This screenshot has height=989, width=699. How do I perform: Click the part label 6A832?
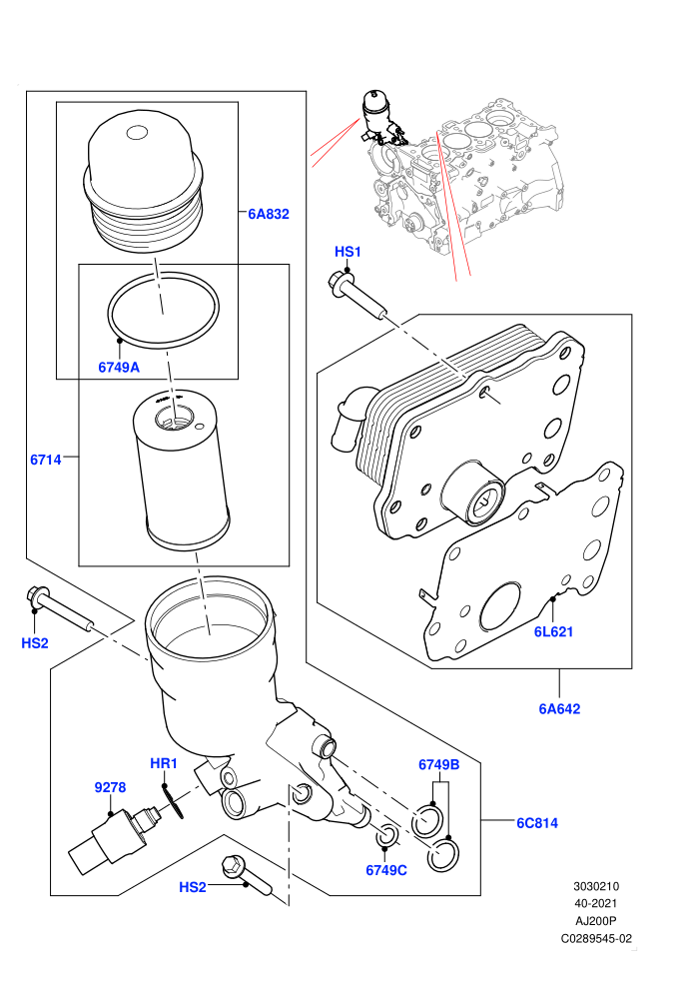(268, 214)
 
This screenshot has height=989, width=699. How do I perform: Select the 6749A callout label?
(119, 367)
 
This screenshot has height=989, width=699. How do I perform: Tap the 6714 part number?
(46, 460)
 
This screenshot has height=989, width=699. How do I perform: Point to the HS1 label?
(348, 252)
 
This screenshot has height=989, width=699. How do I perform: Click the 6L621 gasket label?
(553, 631)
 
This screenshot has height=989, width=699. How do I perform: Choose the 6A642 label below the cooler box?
(559, 708)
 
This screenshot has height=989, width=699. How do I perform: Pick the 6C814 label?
(537, 822)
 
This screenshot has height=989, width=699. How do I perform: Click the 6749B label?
(438, 764)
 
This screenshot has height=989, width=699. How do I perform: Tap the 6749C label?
(386, 870)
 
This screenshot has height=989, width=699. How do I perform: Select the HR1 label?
(164, 763)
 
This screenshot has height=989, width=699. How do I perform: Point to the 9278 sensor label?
(110, 787)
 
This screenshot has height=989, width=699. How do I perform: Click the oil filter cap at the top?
(144, 183)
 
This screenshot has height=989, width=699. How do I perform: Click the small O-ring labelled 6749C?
(387, 837)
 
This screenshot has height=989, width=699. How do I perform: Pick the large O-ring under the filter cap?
(163, 309)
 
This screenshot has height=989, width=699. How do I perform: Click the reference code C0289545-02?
(596, 938)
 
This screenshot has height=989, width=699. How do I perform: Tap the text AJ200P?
(595, 921)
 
